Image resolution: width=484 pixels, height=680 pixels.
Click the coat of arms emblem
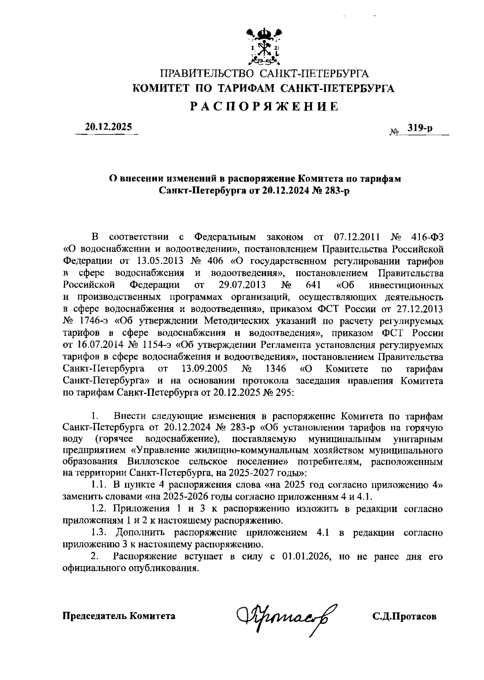point(264,46)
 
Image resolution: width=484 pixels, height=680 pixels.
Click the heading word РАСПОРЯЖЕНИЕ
point(264,107)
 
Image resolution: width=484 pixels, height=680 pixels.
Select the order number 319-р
point(420,128)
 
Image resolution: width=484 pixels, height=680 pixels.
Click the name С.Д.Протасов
point(404,616)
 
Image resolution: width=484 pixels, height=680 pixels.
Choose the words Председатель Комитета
point(119,616)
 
